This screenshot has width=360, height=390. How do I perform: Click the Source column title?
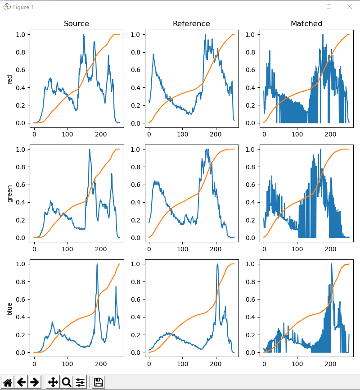click(76, 23)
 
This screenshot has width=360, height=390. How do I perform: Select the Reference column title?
click(191, 23)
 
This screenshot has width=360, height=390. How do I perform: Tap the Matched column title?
click(306, 23)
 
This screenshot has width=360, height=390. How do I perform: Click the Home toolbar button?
click(8, 382)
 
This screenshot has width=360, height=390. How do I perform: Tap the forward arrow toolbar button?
click(34, 382)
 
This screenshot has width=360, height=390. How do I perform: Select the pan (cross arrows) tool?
click(53, 382)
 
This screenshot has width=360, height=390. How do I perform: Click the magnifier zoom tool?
click(67, 382)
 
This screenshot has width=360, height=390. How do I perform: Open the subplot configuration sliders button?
click(80, 382)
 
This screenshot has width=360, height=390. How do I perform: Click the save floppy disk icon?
click(99, 382)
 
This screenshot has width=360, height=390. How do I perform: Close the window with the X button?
click(350, 7)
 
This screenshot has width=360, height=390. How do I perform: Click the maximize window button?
click(329, 7)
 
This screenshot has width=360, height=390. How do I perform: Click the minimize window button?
click(309, 7)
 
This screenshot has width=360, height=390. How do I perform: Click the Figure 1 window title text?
click(23, 7)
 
